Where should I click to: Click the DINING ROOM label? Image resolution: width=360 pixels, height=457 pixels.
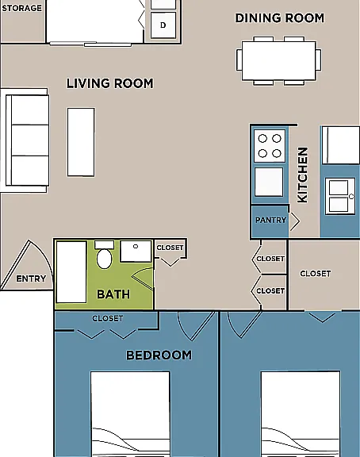point(279,18)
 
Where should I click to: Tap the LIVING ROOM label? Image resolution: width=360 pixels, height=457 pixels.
point(109,83)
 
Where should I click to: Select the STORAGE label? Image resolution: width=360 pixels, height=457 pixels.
point(22,8)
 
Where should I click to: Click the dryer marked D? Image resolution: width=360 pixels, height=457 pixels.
point(163,25)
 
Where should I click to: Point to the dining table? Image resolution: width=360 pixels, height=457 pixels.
point(279,60)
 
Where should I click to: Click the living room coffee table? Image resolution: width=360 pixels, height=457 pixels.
point(81,142)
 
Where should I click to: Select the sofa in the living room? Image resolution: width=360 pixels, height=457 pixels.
point(27,140)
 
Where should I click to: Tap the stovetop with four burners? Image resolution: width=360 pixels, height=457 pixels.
point(270,146)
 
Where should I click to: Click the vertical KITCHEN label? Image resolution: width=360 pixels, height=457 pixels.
point(303,175)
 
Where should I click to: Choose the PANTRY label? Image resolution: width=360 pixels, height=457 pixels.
point(270,220)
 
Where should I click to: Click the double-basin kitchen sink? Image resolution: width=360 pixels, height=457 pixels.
point(340,196)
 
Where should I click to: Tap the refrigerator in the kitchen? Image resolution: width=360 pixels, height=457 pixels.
point(341,145)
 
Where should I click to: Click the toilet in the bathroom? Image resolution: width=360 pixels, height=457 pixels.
point(104,255)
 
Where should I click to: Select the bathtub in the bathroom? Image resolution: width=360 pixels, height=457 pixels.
point(71,272)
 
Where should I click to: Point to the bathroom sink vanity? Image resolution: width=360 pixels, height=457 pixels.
point(136,251)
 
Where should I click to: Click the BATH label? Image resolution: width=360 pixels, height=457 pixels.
point(113,294)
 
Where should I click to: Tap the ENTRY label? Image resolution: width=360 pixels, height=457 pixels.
point(31,278)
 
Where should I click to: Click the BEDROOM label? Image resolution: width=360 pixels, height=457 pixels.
point(159,355)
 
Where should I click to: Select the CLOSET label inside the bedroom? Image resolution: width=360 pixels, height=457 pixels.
point(108,318)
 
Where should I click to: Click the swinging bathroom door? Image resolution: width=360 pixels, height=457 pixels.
point(143,279)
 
